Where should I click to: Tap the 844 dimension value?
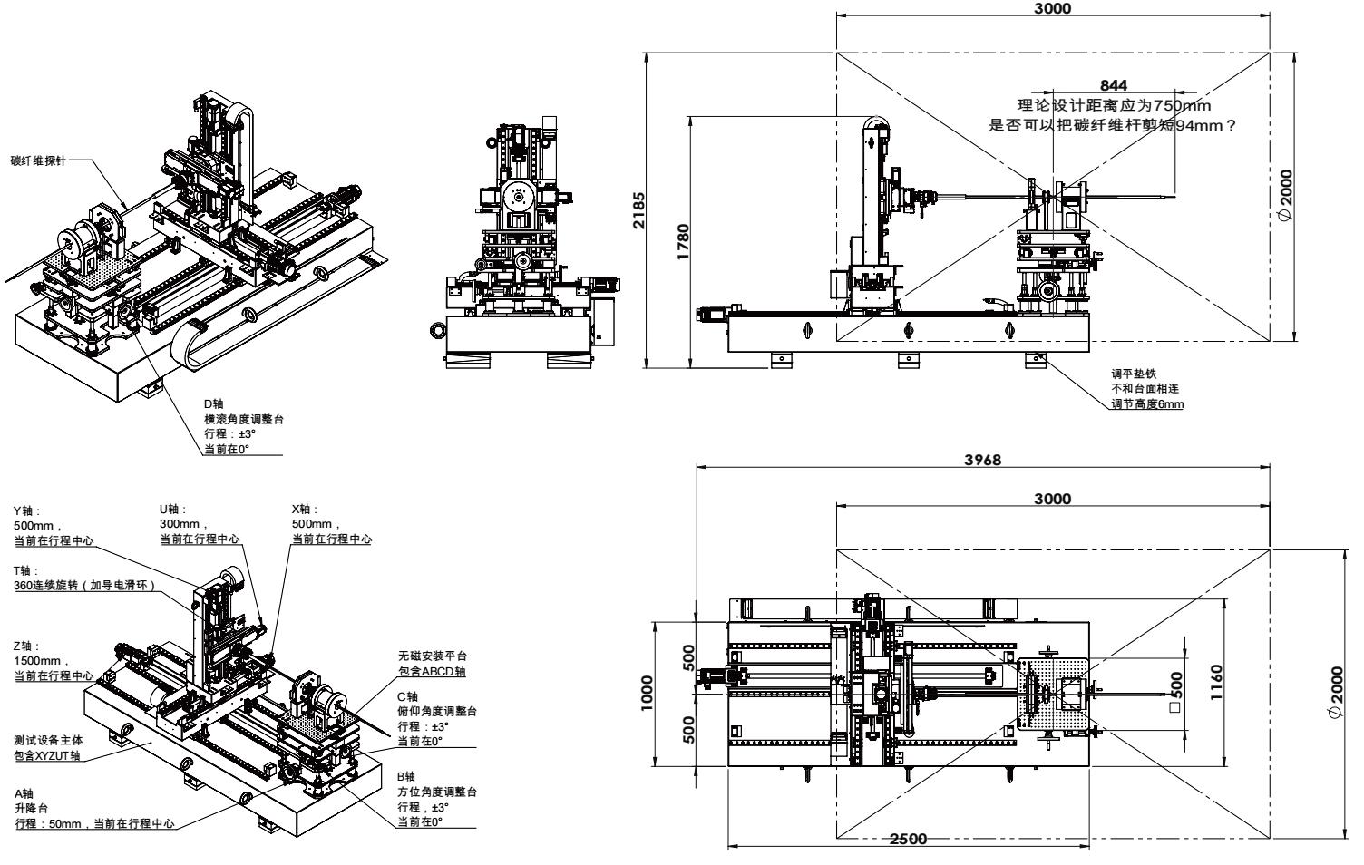(1113, 86)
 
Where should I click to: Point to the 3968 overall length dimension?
(983, 461)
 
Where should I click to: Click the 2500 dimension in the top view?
(908, 838)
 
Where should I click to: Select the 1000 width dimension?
(647, 692)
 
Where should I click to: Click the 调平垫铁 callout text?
(1128, 372)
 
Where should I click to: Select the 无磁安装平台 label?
(431, 656)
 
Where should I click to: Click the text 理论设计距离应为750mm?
(1113, 106)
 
